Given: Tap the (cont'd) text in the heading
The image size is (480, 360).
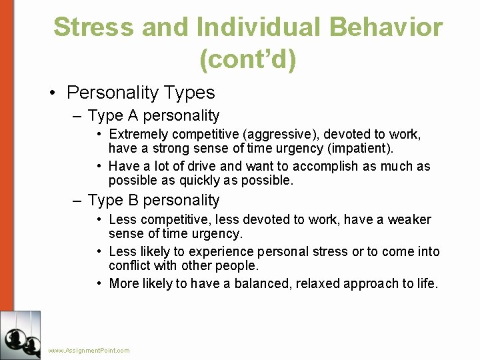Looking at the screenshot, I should [x=247, y=60].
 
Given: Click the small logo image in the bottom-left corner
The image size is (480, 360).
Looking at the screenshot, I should [x=20, y=335].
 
